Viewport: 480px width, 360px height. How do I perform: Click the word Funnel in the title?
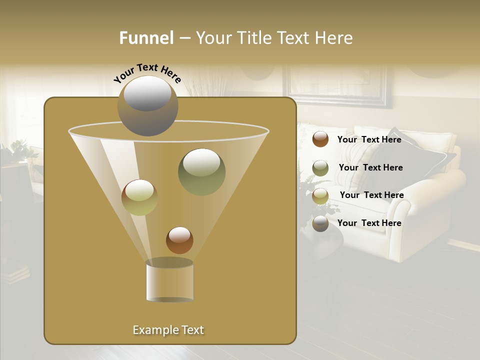(x=146, y=38)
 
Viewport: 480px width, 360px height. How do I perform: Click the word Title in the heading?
(x=253, y=38)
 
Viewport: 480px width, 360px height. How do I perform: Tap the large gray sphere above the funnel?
(x=148, y=106)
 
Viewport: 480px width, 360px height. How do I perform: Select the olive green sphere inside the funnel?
(x=201, y=171)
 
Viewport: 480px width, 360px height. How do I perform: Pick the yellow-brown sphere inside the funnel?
(x=139, y=197)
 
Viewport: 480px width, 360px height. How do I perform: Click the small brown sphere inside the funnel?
(x=179, y=240)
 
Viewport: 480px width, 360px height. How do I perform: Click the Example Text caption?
(x=168, y=330)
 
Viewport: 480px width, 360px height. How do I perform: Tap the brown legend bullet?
(x=320, y=139)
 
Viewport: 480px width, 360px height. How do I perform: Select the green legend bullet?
(x=320, y=167)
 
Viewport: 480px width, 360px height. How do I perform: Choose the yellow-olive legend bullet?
(x=320, y=195)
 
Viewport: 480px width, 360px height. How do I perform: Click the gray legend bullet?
(x=320, y=223)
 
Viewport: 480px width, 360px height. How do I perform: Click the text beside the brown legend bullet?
(x=369, y=139)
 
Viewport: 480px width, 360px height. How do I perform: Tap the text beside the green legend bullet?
(x=370, y=167)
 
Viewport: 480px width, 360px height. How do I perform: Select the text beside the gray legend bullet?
(x=369, y=223)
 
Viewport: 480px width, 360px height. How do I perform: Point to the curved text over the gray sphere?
(x=147, y=73)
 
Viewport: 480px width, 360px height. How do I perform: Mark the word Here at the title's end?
(x=334, y=38)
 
